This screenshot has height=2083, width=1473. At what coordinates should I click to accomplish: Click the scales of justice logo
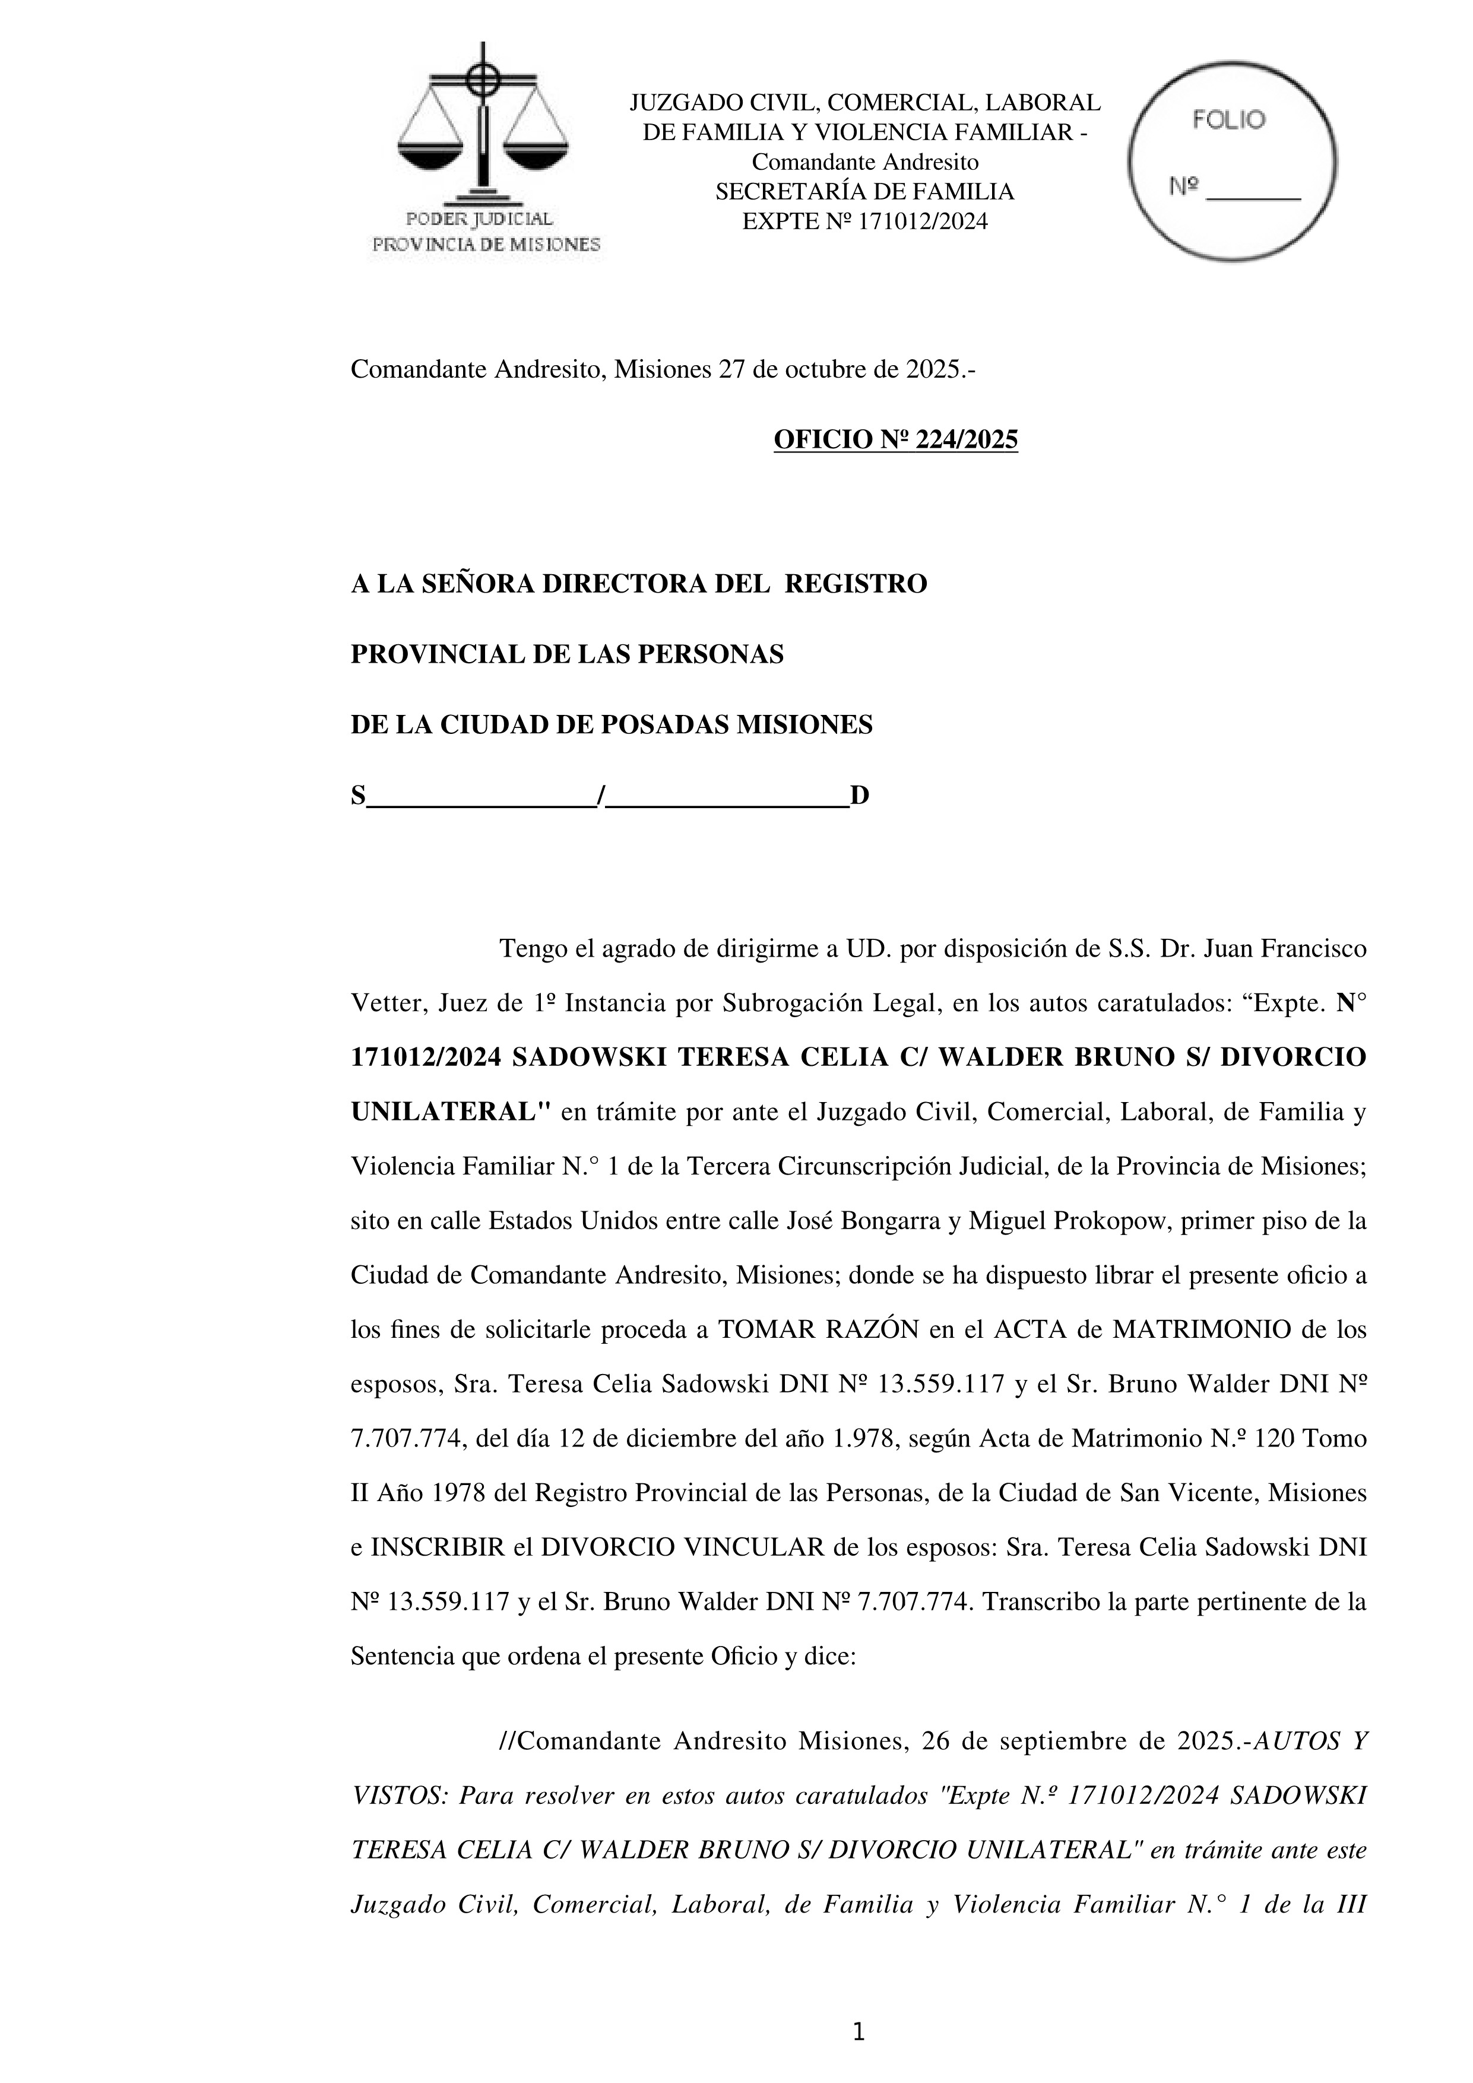(483, 127)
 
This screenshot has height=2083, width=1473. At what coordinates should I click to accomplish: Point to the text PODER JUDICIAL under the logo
(479, 219)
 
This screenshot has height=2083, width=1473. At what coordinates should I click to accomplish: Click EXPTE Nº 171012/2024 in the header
(864, 221)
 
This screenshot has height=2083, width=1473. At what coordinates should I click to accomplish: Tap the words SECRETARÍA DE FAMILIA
(864, 191)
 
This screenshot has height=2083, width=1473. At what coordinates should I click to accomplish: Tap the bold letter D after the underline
(859, 796)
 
